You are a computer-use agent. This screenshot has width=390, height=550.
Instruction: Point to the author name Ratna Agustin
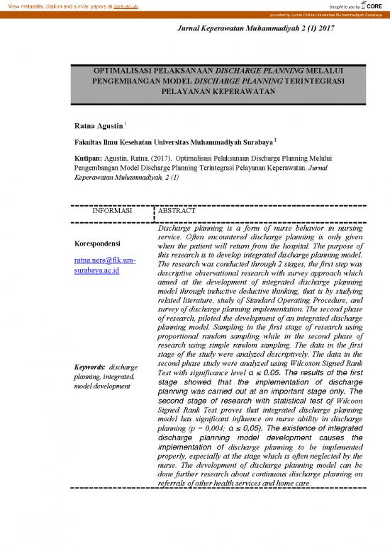click(98, 126)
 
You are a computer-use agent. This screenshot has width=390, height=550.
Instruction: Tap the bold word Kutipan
click(88, 160)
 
